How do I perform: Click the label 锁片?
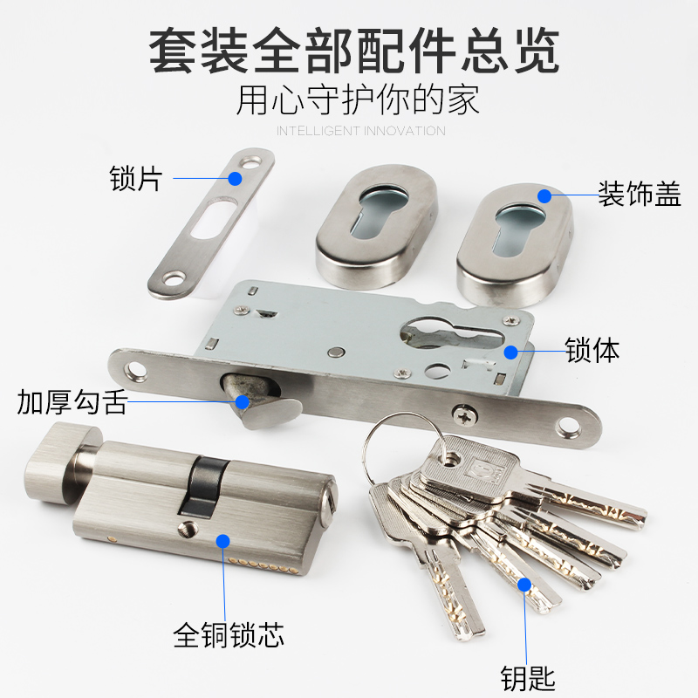[136, 179]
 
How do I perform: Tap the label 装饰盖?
[639, 193]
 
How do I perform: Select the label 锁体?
[592, 351]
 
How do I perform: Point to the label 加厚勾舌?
[72, 402]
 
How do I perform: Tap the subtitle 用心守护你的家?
[358, 99]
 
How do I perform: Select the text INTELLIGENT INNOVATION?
[360, 131]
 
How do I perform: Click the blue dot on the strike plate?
[235, 178]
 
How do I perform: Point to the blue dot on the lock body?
[512, 352]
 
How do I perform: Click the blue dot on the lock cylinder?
[222, 541]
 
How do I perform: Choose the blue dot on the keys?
[525, 583]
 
